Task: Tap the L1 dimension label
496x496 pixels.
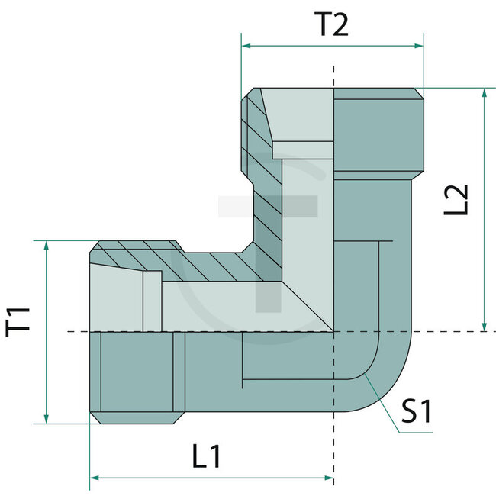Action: tap(206, 457)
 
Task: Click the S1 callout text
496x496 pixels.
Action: tap(417, 413)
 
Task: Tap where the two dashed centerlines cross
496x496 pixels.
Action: tap(333, 332)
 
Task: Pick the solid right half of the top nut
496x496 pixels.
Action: tap(378, 130)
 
